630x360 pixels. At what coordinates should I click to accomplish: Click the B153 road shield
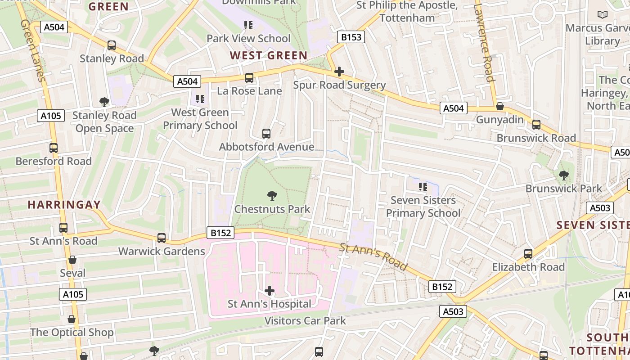tap(351, 37)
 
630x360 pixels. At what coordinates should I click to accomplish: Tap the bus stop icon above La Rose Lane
tap(249, 78)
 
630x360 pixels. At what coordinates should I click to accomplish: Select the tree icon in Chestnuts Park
tap(272, 196)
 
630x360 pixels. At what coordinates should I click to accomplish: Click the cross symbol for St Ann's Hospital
tap(270, 291)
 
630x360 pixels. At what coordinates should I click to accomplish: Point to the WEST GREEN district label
tap(269, 56)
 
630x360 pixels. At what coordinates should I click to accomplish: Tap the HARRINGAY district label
tap(64, 205)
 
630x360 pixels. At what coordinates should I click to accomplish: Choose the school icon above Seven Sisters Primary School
tap(423, 186)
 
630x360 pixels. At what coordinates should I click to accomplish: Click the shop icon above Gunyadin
tap(499, 107)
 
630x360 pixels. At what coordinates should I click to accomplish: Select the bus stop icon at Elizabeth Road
tap(528, 254)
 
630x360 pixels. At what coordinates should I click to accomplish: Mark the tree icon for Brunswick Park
tap(563, 175)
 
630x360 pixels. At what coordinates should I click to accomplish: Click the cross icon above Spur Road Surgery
tap(339, 72)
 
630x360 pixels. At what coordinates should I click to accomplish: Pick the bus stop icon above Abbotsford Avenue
tap(266, 134)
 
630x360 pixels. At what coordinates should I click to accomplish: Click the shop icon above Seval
tap(72, 260)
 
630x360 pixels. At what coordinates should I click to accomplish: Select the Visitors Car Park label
tap(305, 321)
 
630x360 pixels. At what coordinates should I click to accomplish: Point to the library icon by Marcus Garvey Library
tap(603, 15)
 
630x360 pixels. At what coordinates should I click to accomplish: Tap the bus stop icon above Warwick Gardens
tap(162, 238)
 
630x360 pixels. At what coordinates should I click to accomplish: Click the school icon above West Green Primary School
tap(200, 99)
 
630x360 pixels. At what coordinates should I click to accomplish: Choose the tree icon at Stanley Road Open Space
tap(104, 102)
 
